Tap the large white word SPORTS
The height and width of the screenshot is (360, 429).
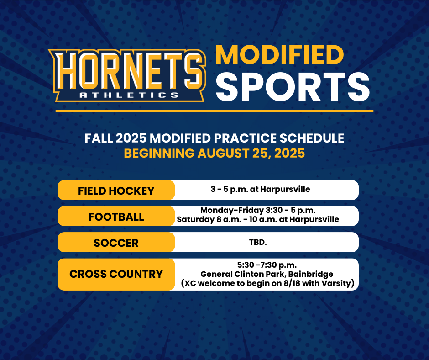[293, 87]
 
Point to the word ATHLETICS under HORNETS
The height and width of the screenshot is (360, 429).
[129, 95]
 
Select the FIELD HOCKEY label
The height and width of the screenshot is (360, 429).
[116, 191]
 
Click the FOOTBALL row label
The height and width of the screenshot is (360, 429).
[116, 217]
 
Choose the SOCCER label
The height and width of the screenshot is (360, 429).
[116, 243]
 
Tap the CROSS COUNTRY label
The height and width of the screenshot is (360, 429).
[116, 274]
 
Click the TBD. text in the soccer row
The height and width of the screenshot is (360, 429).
[258, 242]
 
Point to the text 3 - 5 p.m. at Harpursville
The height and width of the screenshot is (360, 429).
[260, 189]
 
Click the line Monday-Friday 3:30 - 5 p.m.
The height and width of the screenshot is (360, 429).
[258, 210]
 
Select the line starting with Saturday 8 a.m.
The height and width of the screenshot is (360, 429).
[258, 219]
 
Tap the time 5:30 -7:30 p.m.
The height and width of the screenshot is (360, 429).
[267, 265]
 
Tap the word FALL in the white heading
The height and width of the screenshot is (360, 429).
[99, 138]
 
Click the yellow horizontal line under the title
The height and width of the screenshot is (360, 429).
[214, 111]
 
